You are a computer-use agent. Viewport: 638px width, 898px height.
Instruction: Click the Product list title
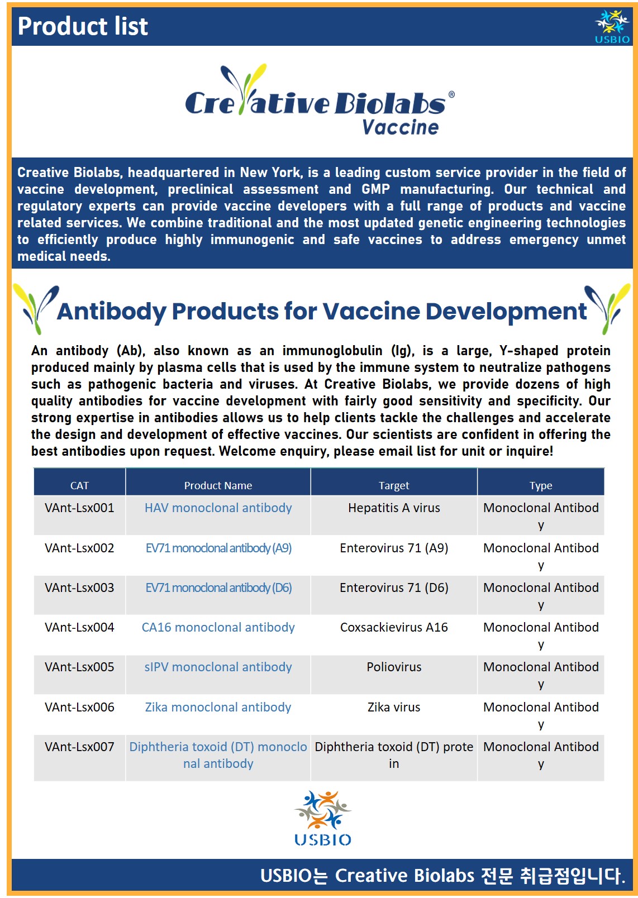tap(83, 26)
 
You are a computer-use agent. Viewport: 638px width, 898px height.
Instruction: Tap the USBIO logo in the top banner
tap(612, 27)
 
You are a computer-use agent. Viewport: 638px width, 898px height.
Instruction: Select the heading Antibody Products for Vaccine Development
tap(322, 311)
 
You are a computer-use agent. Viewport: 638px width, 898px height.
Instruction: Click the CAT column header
tap(79, 485)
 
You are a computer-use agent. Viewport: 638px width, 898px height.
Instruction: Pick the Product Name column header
tap(218, 485)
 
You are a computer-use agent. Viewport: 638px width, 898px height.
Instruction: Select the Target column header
tap(394, 485)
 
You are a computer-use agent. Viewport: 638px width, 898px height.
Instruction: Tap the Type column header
tap(541, 485)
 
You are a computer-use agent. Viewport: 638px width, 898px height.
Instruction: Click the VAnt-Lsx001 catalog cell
tap(79, 508)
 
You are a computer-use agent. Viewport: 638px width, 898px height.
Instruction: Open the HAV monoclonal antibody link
tap(218, 508)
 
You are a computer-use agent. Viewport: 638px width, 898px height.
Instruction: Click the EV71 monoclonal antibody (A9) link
tap(218, 548)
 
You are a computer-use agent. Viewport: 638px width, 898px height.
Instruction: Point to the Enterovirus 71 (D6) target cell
tap(394, 587)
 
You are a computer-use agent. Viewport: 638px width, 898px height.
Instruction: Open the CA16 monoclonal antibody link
tap(218, 627)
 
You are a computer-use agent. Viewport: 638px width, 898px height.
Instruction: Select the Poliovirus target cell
tap(394, 667)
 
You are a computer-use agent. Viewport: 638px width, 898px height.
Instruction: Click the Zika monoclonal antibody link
tap(218, 707)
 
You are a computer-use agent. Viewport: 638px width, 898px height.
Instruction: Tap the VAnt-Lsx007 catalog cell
tap(79, 747)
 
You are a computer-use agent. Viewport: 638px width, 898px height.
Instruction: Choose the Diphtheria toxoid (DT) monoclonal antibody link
tap(218, 755)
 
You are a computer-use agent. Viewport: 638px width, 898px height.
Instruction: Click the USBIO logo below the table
tap(323, 818)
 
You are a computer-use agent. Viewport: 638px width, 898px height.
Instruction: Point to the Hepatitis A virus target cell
tap(394, 508)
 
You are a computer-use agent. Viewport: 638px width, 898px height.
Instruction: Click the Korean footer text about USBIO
tap(442, 875)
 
